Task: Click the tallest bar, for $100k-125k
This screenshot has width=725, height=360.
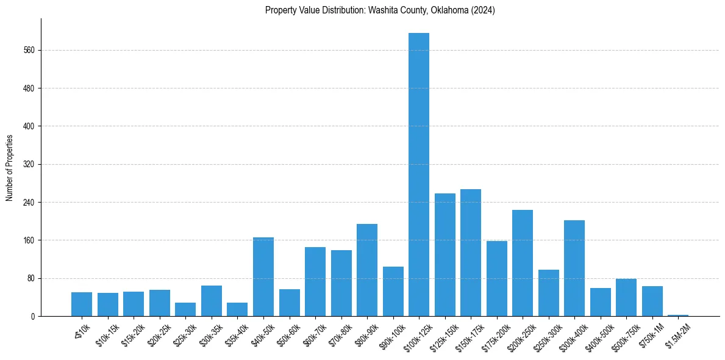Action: click(419, 175)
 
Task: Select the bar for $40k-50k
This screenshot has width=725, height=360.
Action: click(263, 276)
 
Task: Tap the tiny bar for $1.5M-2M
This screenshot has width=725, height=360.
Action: click(678, 315)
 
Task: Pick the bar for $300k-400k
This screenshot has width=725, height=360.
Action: click(574, 268)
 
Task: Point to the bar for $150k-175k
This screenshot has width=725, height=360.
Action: click(471, 253)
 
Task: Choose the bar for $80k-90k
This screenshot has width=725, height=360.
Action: click(367, 270)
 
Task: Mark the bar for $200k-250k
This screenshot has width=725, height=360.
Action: click(523, 263)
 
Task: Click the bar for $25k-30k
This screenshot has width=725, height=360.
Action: click(185, 309)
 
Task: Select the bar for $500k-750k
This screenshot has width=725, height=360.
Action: click(626, 297)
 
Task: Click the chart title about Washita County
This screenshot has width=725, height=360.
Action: click(380, 10)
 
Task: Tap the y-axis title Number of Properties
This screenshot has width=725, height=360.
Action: click(10, 168)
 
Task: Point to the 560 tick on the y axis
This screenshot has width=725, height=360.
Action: click(32, 50)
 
